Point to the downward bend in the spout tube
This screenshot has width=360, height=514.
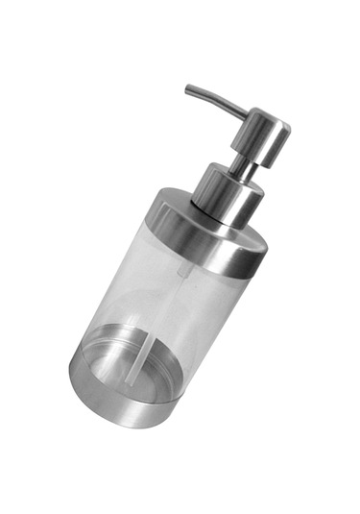196,91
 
